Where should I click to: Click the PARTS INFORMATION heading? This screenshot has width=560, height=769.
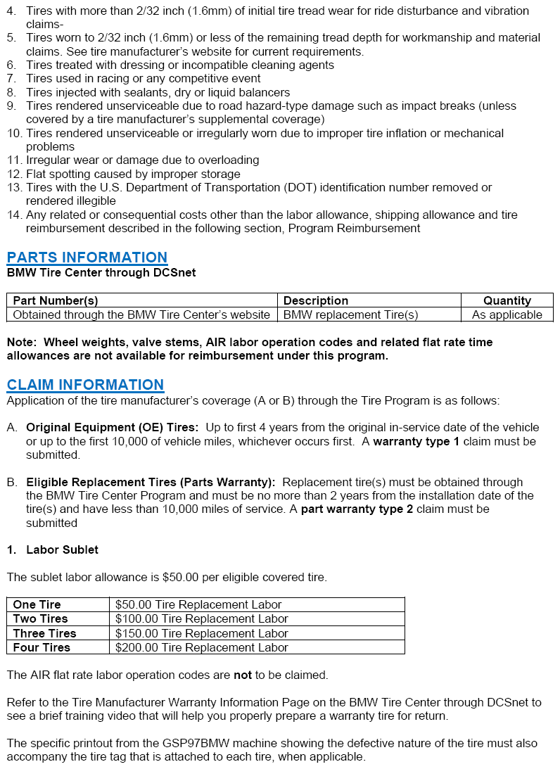point(87,258)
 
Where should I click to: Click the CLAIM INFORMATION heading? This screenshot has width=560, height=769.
point(85,385)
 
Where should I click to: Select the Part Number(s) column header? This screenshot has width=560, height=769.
point(56,300)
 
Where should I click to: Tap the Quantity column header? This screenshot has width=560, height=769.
point(507,300)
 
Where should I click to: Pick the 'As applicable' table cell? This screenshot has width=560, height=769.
point(507,314)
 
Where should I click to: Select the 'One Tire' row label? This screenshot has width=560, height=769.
point(37,604)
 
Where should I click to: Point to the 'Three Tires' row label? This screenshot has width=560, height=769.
point(44,633)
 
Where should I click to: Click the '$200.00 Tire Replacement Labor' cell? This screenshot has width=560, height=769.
point(202,647)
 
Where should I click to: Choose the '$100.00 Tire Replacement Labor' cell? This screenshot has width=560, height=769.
point(202,619)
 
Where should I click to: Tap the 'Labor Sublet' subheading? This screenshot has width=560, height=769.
point(62,549)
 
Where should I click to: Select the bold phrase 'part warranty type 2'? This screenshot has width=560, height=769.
point(357,509)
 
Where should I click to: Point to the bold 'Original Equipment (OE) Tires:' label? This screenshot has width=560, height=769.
point(113,428)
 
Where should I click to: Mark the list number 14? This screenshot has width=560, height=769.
point(14,215)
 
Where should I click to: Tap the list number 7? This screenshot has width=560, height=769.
point(11,79)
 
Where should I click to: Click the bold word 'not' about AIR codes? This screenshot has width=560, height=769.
point(243,675)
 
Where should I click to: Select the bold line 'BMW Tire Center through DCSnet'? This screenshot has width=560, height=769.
point(101,272)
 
